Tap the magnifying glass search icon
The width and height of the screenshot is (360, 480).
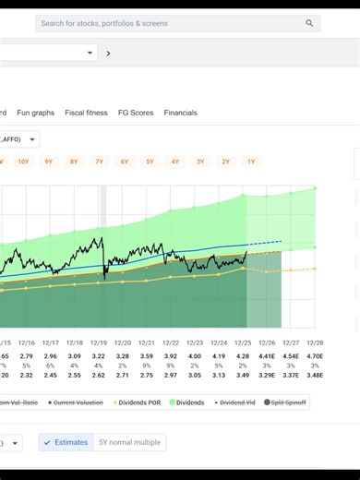coord(309,23)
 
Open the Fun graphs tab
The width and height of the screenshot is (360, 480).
coord(36,113)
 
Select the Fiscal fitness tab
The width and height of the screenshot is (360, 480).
coord(86,113)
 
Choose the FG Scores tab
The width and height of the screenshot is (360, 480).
coord(136,113)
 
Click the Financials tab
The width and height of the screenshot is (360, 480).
coord(180,113)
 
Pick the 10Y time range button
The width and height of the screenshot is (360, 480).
coord(23,162)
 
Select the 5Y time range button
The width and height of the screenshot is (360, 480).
coord(150,162)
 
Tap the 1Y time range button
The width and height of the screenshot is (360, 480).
coord(250,162)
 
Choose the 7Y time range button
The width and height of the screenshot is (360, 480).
coord(99,162)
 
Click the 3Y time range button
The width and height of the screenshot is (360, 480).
coord(200,162)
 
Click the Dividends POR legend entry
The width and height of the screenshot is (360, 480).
coord(138,402)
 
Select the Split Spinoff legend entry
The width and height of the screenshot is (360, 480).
coord(287,402)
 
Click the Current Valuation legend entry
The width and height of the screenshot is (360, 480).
coord(81,402)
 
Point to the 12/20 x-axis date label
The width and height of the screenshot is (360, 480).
coord(123,342)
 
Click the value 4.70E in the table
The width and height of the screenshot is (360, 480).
coord(314,355)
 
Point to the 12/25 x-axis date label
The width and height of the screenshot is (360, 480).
coord(243,342)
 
